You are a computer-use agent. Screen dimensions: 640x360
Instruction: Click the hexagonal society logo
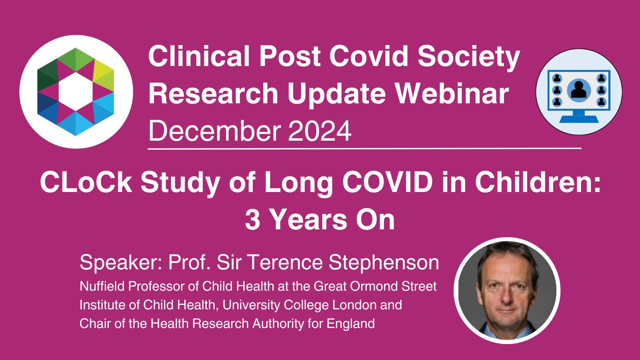pos(76,92)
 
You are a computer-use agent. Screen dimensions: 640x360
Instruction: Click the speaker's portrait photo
pos(507,290)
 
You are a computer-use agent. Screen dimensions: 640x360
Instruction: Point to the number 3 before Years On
pos(252,220)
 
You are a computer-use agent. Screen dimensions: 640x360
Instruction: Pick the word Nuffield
pos(102,286)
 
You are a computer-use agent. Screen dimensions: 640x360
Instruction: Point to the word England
pos(351,324)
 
